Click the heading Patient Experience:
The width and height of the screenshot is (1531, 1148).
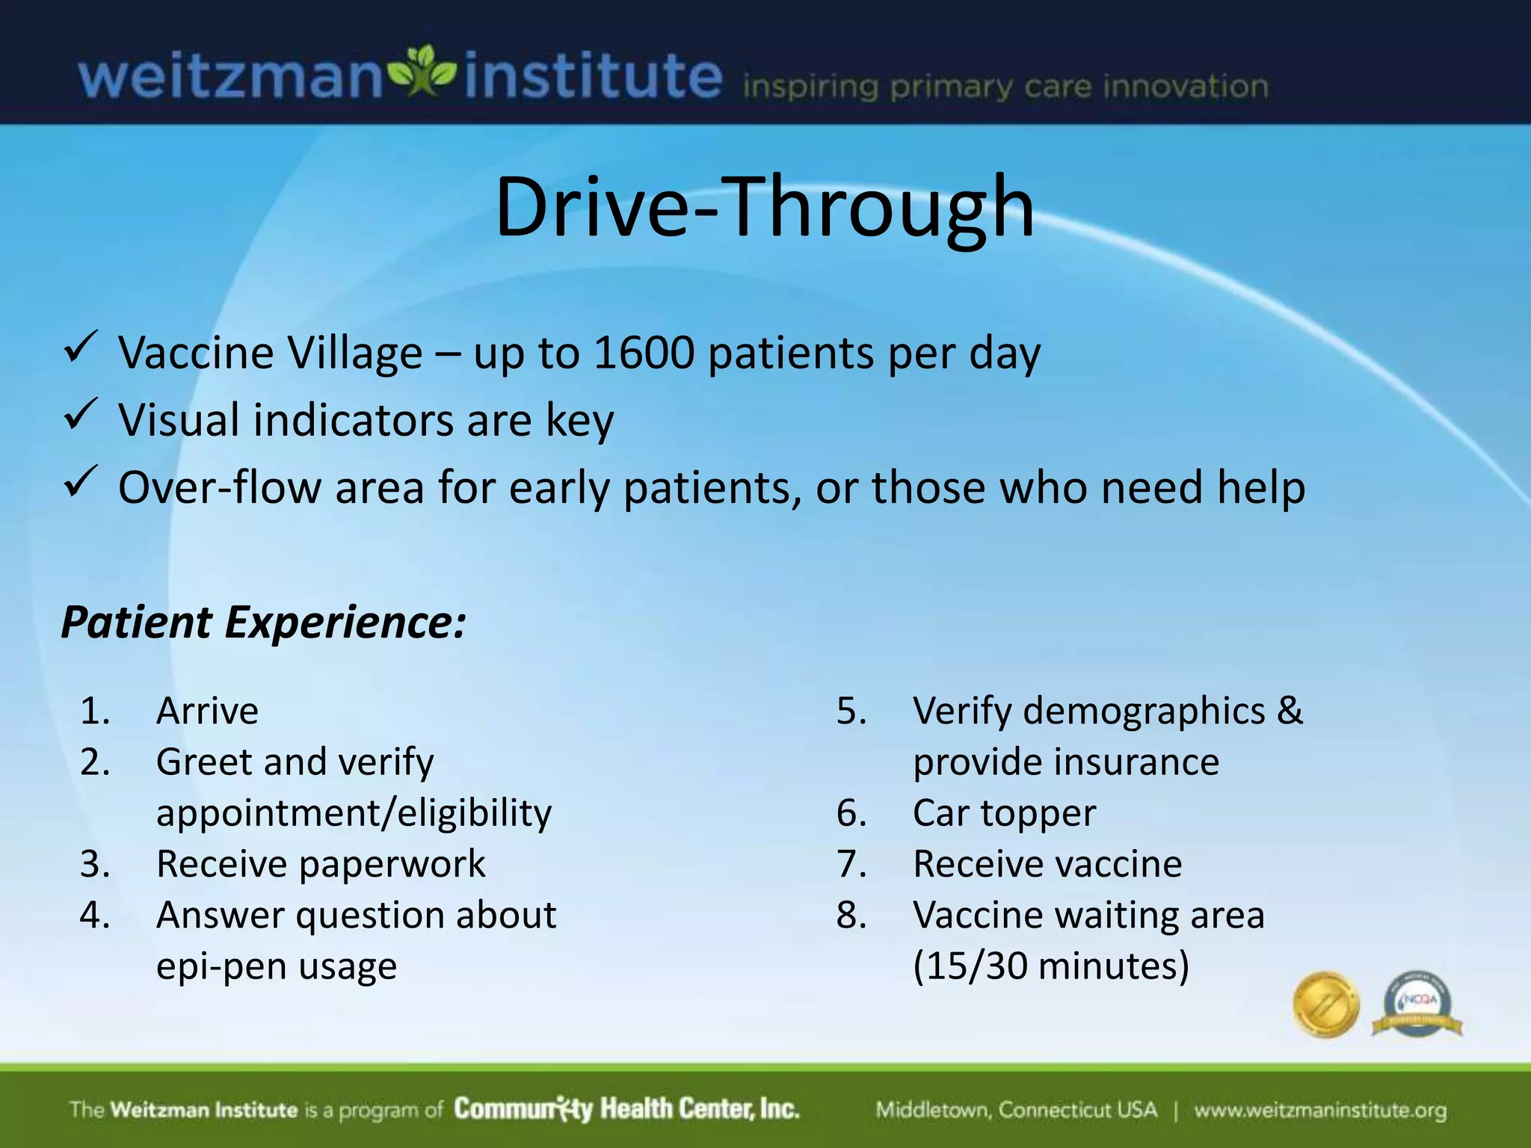coord(263,622)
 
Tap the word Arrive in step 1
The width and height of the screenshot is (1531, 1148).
coord(207,710)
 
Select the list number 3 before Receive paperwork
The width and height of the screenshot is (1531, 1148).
coord(95,864)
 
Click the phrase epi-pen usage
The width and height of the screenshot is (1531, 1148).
coord(276,966)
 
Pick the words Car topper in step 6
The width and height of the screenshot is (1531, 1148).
coord(1004,813)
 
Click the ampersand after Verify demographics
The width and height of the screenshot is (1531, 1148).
coord(1290,710)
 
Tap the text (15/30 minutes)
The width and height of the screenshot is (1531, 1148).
coord(1050,966)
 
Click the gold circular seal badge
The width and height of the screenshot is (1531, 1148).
coord(1326,1004)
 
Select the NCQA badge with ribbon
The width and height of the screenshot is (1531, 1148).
coord(1417,1006)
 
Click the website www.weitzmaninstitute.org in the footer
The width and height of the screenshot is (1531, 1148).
coord(1320,1110)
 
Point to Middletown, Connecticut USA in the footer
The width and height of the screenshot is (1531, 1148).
coord(1016,1110)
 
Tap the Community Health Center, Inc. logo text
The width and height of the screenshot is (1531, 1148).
coord(626,1109)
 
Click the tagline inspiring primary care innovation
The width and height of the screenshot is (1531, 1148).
coord(1005,87)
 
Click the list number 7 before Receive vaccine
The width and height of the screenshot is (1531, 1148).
coord(851,864)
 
